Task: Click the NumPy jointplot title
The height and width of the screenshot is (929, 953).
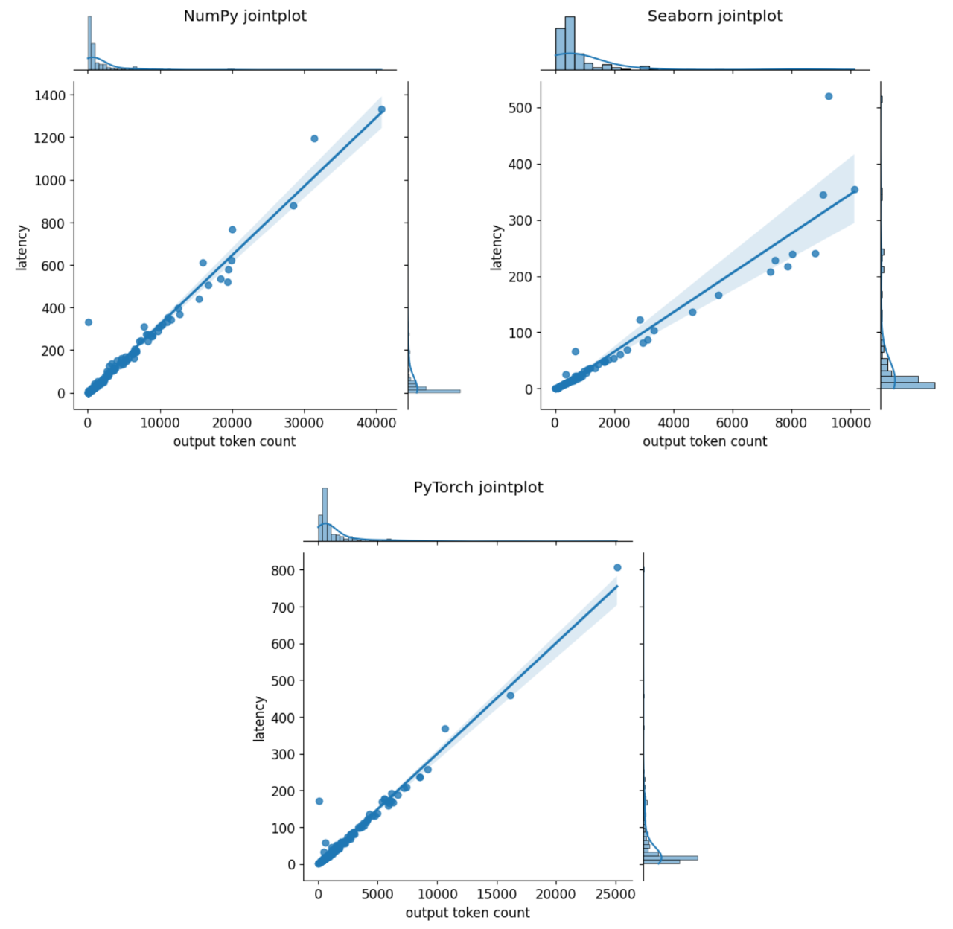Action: [x=245, y=16]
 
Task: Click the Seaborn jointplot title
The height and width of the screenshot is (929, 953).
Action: [x=715, y=16]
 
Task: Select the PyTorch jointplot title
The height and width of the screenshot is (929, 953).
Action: [x=478, y=487]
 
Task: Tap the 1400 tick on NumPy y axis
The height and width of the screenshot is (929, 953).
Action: [x=50, y=95]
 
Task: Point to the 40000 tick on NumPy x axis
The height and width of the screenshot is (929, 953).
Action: [x=377, y=423]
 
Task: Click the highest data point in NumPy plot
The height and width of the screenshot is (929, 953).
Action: [x=382, y=109]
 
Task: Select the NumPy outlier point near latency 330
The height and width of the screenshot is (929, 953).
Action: [x=89, y=322]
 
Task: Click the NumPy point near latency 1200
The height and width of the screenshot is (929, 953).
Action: [x=314, y=138]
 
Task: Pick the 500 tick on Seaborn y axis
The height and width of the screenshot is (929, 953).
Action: [x=520, y=108]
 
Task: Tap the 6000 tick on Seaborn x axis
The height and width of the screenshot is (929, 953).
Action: [x=732, y=423]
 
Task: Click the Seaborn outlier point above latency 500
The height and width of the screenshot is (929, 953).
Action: [x=829, y=96]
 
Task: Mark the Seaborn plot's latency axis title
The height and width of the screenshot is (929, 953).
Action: [x=497, y=247]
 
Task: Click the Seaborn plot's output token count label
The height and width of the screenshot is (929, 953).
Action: [x=704, y=441]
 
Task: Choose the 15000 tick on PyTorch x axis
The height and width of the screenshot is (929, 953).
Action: [x=497, y=894]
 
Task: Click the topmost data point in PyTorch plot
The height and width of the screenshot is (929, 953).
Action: [x=617, y=568]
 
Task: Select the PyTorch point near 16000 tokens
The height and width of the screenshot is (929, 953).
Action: [x=510, y=695]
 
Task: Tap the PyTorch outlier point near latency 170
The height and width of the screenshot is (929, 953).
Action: [x=319, y=801]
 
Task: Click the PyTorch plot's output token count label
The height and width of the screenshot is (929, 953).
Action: [x=468, y=913]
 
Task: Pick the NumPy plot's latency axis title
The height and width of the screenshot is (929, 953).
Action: [x=22, y=247]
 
